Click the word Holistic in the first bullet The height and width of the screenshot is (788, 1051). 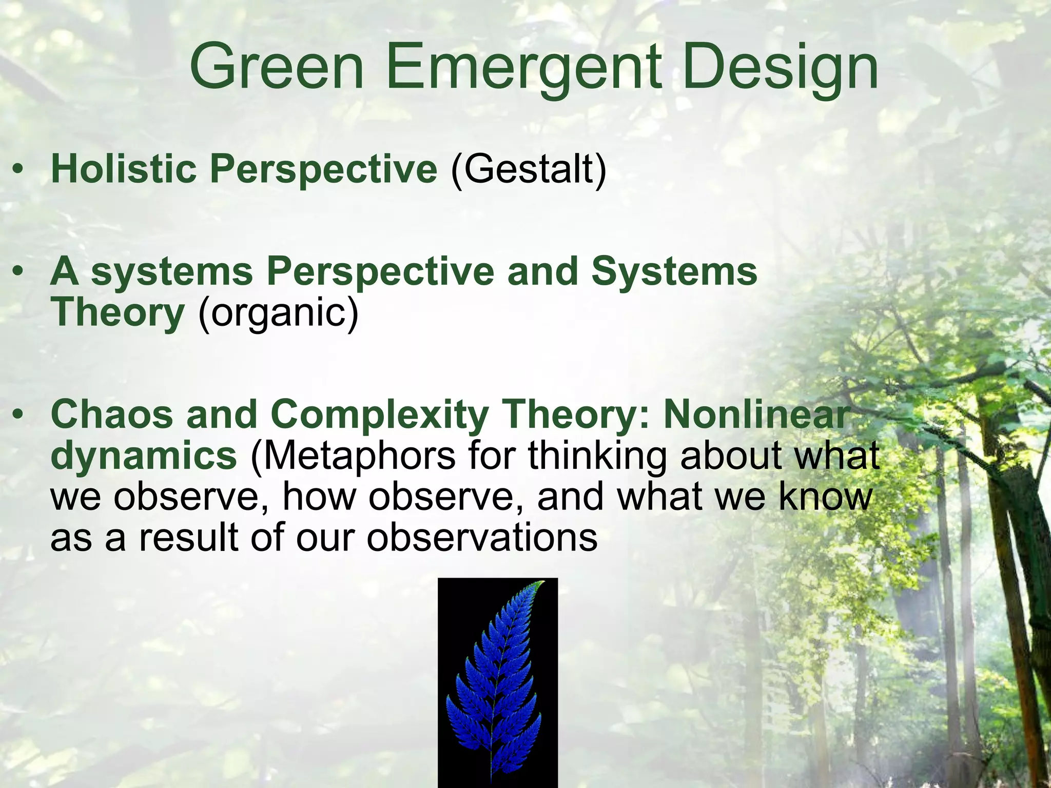coord(124,169)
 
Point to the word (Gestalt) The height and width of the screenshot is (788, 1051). coord(528,170)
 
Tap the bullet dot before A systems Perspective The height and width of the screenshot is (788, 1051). coord(19,271)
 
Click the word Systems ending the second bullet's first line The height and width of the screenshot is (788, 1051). coord(674,271)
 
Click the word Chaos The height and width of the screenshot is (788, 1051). coord(111,414)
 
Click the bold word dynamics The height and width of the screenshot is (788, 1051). coord(144,456)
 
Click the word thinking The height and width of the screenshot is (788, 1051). coord(597,456)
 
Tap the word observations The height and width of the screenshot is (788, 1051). coord(482,537)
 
